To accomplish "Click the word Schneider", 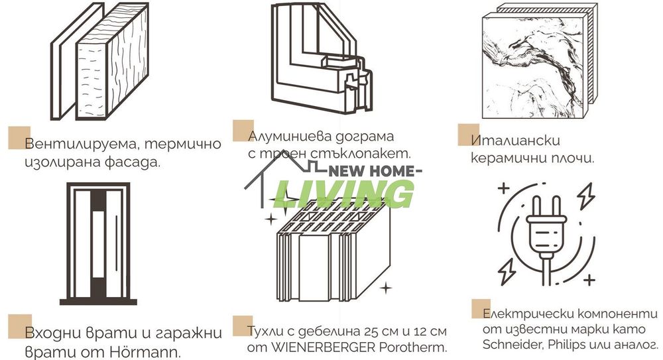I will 511,345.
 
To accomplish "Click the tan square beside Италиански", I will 468,134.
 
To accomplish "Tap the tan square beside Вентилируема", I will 19,137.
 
